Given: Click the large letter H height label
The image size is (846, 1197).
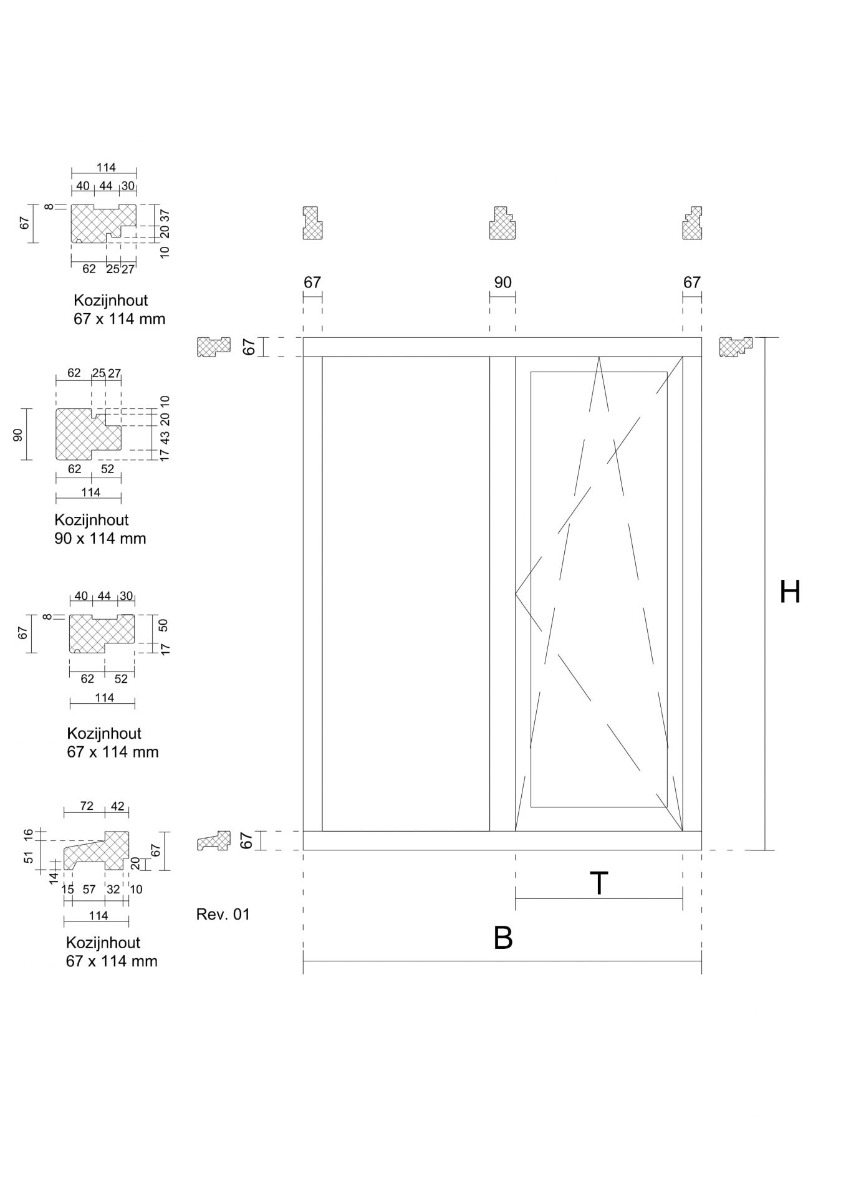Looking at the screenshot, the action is tap(790, 592).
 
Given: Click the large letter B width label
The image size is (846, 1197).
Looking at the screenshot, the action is tap(502, 938).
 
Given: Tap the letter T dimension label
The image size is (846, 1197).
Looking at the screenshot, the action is tap(598, 883).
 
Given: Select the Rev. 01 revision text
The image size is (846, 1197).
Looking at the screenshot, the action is tap(223, 915).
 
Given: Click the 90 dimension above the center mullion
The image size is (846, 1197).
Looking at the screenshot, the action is tap(502, 282).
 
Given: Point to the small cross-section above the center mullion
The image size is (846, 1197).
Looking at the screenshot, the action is tap(502, 223).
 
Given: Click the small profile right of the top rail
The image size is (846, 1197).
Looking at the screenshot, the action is tap(736, 347).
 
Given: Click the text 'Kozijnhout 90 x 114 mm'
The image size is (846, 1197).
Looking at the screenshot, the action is tap(100, 529).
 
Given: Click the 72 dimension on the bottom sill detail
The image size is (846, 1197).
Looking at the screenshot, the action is tap(87, 806).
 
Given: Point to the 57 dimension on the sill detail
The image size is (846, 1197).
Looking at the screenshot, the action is tap(89, 890).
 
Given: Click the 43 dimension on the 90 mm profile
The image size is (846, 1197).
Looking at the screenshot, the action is tap(165, 437).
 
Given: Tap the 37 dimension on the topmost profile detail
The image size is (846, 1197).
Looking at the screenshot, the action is tap(165, 215).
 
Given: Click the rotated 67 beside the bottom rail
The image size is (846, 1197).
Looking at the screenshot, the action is tap(248, 840).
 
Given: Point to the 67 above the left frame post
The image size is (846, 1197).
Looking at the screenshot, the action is tap(312, 282).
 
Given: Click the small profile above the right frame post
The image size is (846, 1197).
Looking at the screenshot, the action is tap(692, 223).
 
